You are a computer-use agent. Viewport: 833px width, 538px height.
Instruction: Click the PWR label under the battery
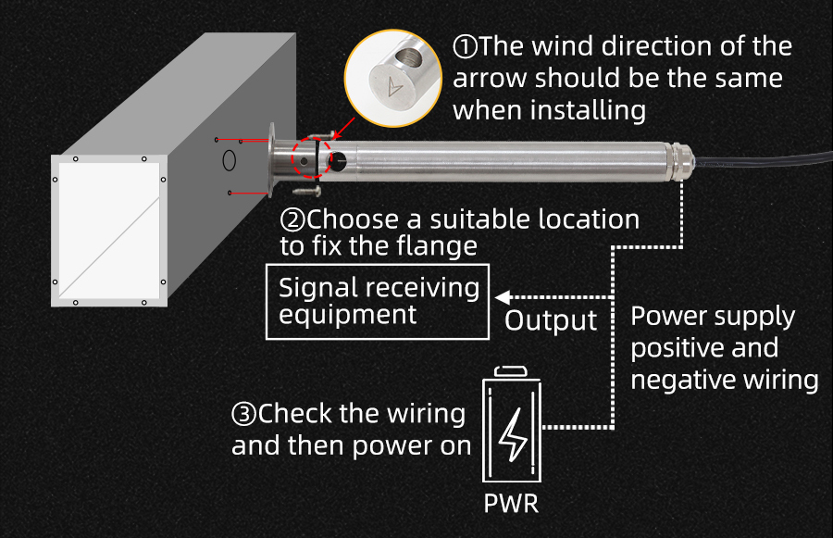coord(511,505)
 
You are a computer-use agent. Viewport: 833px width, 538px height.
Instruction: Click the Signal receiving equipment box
coord(379,301)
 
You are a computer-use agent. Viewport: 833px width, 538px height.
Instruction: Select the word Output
coord(551,320)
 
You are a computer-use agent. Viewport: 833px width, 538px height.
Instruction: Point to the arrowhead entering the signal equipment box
coord(502,297)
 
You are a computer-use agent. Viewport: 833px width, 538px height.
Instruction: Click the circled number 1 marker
coord(464,46)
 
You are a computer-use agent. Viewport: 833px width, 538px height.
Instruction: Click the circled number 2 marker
coord(292,220)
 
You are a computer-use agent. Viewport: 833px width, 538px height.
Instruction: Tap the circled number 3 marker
coord(243,414)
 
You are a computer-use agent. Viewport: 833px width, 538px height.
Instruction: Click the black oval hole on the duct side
coord(230,161)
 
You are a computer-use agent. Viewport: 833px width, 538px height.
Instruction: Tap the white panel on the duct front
coord(109,231)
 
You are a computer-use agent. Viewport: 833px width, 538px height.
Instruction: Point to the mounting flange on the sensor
coord(272,161)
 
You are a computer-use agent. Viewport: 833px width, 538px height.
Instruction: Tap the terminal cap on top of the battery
coord(511,371)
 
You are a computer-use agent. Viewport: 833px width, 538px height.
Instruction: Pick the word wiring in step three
coord(421,414)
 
